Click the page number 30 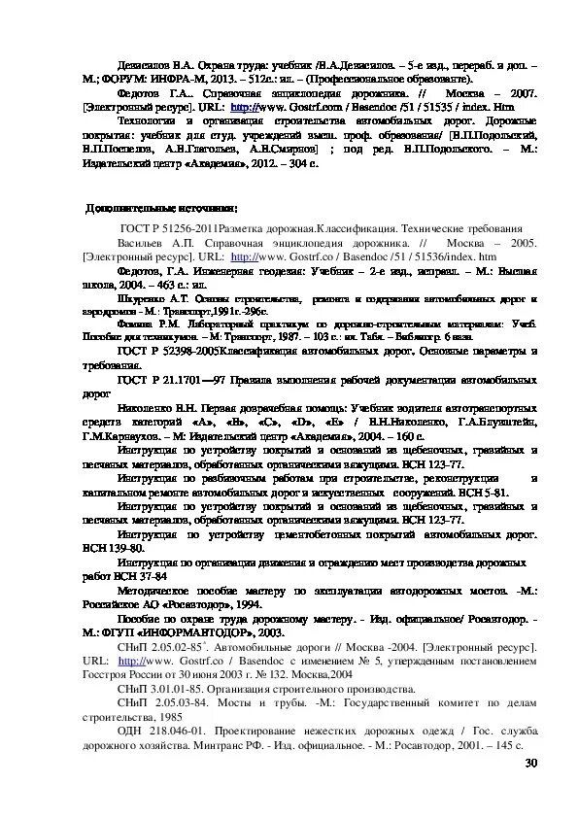pos(530,764)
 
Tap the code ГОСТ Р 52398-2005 pos(166,349)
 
